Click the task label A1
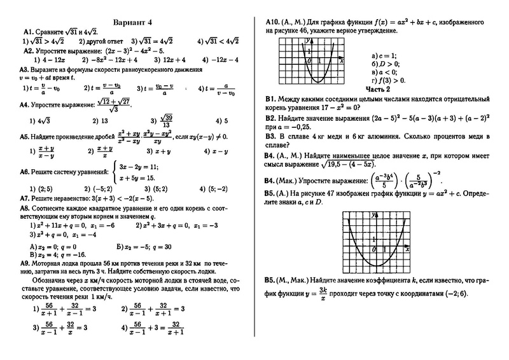click(x=27, y=30)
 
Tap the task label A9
click(x=26, y=263)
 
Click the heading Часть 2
click(x=377, y=88)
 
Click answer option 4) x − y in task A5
click(x=214, y=152)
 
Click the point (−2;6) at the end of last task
click(x=454, y=293)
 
